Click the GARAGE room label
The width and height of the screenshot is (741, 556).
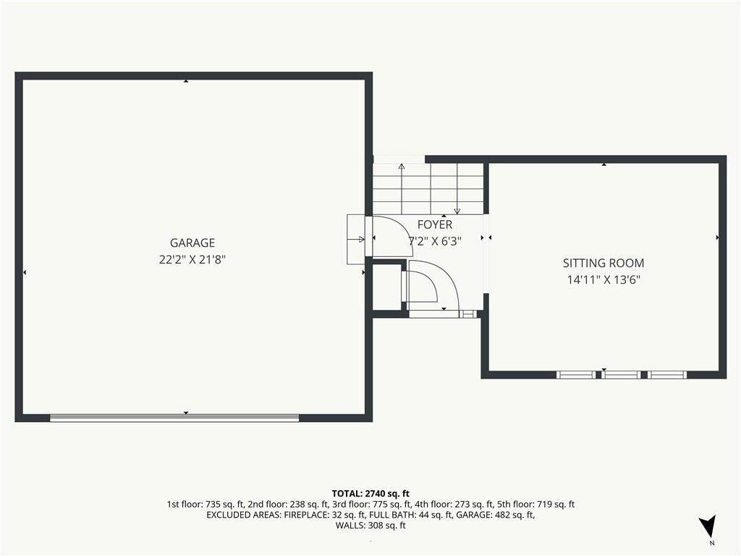(192, 243)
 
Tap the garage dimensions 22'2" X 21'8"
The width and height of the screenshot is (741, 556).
(192, 260)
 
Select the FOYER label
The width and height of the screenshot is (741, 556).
(435, 224)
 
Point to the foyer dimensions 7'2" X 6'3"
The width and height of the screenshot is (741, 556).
(435, 241)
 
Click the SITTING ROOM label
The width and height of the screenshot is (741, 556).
(604, 263)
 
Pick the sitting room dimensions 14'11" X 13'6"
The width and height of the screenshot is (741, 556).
(604, 279)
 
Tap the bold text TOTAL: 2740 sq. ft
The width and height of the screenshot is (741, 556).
(370, 494)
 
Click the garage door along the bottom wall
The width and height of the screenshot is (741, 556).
(174, 418)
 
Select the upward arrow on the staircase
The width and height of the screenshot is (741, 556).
(402, 189)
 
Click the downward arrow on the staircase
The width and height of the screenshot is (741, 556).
(457, 189)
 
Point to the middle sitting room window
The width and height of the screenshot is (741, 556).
(621, 375)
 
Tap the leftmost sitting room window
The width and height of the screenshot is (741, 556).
(576, 375)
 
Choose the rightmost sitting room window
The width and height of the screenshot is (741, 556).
(666, 375)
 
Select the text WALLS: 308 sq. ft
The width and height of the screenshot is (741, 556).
(370, 526)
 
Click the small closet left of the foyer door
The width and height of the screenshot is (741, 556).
(387, 287)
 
